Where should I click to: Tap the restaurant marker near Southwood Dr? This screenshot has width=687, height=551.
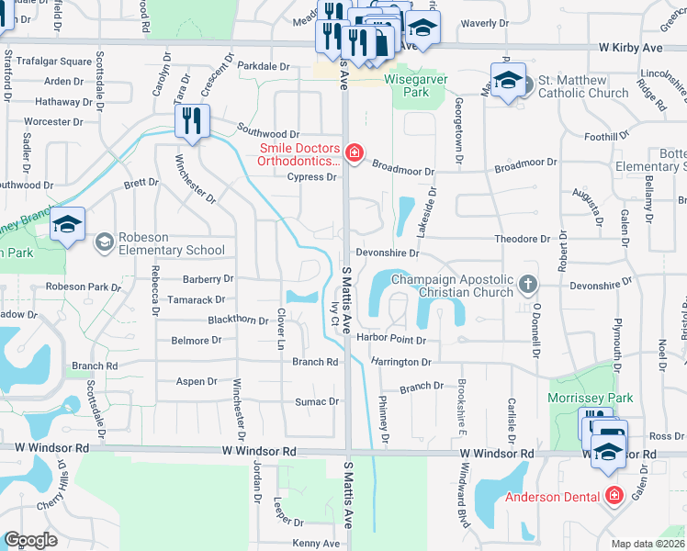coord(192,122)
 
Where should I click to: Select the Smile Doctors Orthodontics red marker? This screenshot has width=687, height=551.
coord(353,152)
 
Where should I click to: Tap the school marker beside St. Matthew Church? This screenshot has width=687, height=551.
coord(508,81)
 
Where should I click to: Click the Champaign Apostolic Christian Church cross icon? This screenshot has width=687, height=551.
coord(527,285)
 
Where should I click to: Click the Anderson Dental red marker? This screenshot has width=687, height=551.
coord(613,496)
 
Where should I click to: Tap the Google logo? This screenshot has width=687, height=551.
coord(31,539)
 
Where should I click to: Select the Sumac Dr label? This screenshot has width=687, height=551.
coord(317,401)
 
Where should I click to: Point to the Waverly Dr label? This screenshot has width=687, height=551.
coord(485,23)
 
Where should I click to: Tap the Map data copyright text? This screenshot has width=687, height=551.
coord(648,544)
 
